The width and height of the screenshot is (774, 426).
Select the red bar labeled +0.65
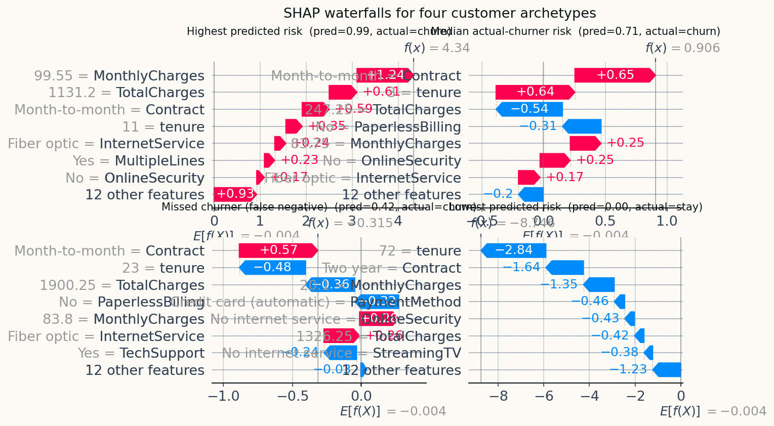(x=615, y=75)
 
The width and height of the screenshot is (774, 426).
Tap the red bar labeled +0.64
(x=535, y=92)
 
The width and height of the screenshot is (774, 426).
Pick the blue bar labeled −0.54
(x=529, y=109)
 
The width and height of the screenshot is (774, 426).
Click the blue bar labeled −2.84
(x=513, y=250)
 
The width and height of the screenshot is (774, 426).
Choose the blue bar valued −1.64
(x=565, y=268)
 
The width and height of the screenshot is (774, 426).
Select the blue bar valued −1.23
(x=667, y=370)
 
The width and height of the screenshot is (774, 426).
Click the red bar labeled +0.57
(x=278, y=250)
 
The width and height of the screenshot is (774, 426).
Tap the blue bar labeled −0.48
(x=272, y=268)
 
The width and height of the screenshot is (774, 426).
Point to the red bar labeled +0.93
(x=235, y=194)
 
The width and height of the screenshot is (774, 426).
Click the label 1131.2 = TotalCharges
(x=127, y=93)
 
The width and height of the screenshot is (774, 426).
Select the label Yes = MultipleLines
(x=139, y=161)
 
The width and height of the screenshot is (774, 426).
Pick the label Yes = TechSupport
(x=141, y=353)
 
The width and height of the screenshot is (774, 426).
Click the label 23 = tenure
(x=164, y=268)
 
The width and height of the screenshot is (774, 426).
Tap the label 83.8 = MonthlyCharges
(x=124, y=319)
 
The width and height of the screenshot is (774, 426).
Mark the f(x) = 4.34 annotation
(x=437, y=48)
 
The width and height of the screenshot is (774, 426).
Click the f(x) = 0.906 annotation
(x=682, y=48)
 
